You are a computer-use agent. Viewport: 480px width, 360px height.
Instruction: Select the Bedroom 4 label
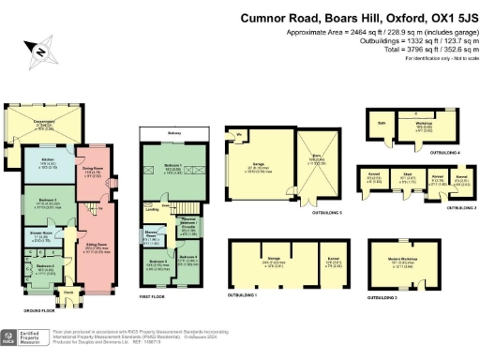[187, 256]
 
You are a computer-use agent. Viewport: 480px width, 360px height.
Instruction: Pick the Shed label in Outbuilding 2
[407, 175]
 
